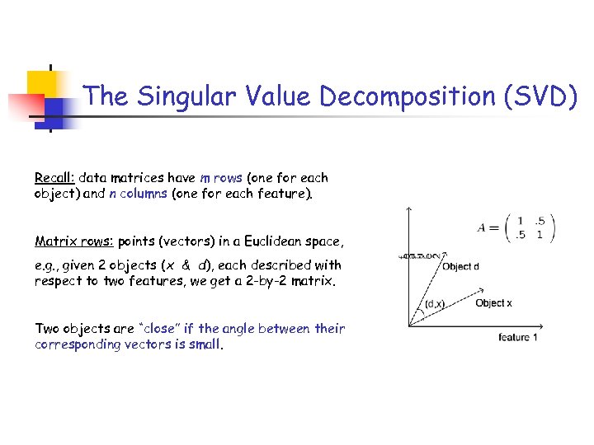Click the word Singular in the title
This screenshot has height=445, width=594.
click(x=181, y=96)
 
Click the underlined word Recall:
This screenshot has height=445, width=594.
click(x=54, y=178)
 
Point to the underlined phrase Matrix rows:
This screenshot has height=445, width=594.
click(x=74, y=241)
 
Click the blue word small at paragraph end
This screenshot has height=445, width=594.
click(x=205, y=345)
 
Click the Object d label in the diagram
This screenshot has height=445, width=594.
click(x=460, y=266)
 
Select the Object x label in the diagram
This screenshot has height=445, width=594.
click(x=493, y=303)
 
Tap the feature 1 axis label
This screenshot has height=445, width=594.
click(x=518, y=337)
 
